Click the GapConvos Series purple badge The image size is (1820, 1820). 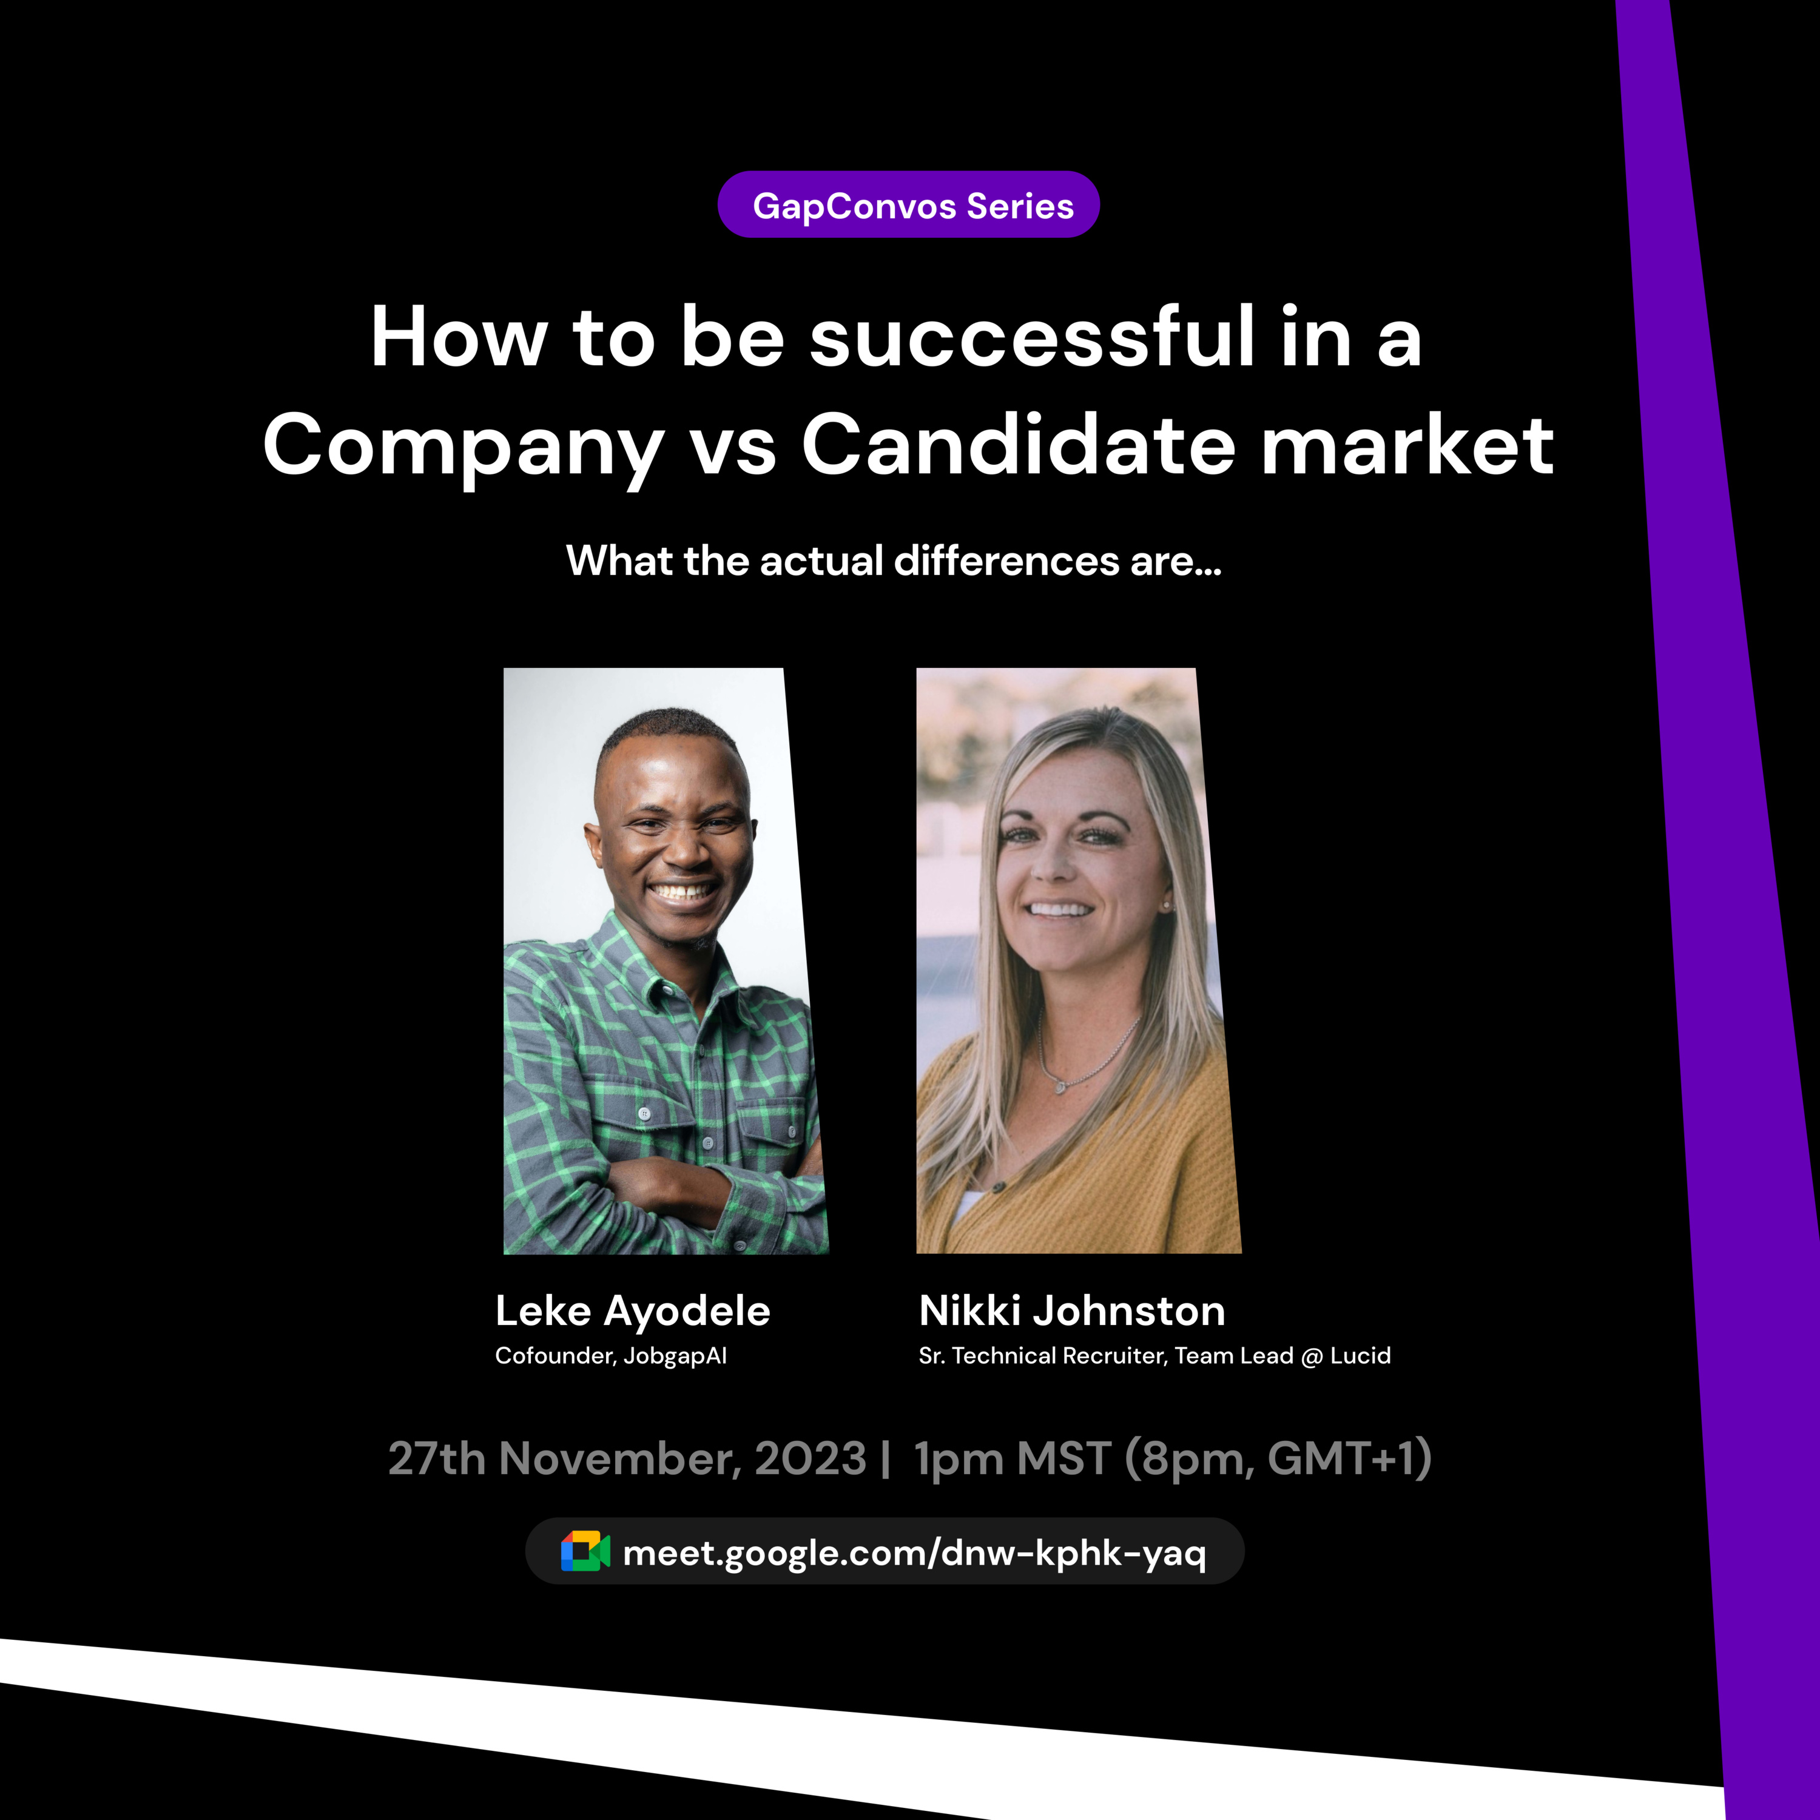point(908,204)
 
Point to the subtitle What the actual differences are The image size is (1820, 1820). point(893,561)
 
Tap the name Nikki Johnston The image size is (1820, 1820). point(1072,1310)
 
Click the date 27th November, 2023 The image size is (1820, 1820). point(627,1459)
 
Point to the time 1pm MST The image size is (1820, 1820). point(1013,1459)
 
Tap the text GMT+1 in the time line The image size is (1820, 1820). point(1341,1458)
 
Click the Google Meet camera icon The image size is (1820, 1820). point(585,1551)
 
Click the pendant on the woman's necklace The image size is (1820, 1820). point(1060,1087)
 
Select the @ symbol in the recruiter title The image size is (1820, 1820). point(1311,1357)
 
